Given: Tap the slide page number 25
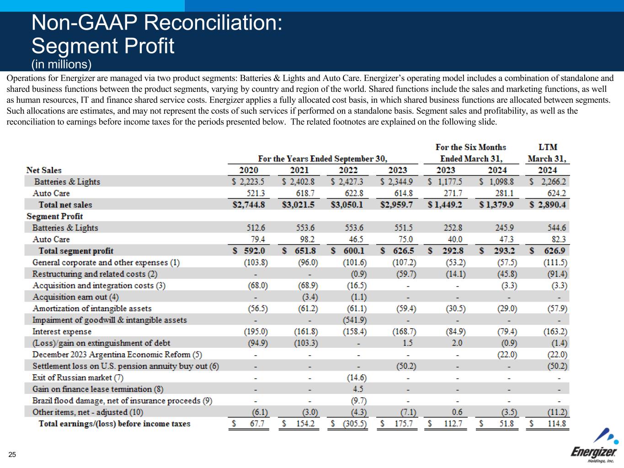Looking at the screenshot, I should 12,454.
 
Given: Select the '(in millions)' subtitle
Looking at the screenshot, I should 62,64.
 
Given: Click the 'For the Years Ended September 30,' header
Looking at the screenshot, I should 323,159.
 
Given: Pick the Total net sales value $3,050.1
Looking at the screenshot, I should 347,205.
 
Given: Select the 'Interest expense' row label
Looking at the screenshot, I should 62,331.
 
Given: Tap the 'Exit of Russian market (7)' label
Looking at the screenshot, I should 78,378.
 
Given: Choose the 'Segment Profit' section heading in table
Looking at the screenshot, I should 54,216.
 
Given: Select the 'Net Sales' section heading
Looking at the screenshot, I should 44,170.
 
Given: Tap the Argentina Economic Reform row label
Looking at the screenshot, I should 117,354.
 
